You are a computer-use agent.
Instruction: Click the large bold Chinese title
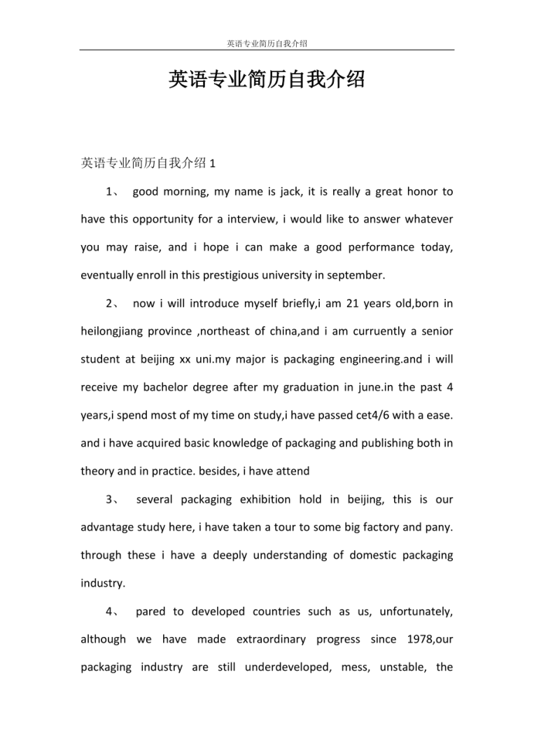coord(267,80)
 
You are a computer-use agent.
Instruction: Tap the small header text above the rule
coord(267,43)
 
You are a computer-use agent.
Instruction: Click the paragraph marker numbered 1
coord(113,191)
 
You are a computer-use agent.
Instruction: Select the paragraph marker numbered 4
coord(113,611)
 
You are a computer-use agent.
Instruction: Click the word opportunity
coord(155,219)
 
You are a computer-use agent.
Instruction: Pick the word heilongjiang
coord(113,331)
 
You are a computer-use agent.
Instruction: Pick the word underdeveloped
coord(288,667)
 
